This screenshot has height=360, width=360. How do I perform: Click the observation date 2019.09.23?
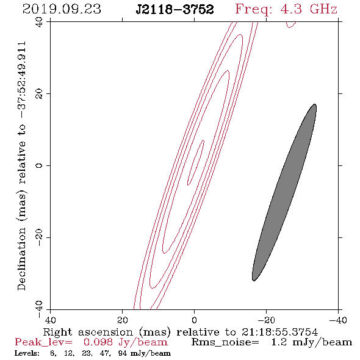62,9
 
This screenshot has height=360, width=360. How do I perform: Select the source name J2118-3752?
175,10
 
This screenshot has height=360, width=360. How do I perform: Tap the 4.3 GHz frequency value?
309,9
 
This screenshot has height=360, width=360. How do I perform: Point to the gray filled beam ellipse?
284,192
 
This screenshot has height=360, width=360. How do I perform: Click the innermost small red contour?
196,162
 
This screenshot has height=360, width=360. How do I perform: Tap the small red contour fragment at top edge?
291,24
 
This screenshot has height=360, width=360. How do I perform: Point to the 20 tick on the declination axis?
39,94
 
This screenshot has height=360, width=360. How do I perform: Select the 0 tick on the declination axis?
39,165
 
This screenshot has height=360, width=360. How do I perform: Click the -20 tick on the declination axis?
39,237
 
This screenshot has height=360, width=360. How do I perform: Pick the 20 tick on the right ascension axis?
122,320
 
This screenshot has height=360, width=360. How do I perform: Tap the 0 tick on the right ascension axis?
194,320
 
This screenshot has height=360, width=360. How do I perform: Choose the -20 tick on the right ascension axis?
266,320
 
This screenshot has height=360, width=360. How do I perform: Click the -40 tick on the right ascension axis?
338,320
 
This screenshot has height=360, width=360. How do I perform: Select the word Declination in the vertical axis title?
21,259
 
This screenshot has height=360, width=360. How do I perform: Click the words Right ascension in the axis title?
88,332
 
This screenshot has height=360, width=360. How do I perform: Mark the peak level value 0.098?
98,342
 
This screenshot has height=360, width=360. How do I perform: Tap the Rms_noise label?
225,342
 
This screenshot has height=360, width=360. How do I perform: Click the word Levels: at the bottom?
27,353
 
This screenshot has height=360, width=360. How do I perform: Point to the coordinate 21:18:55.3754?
279,332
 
